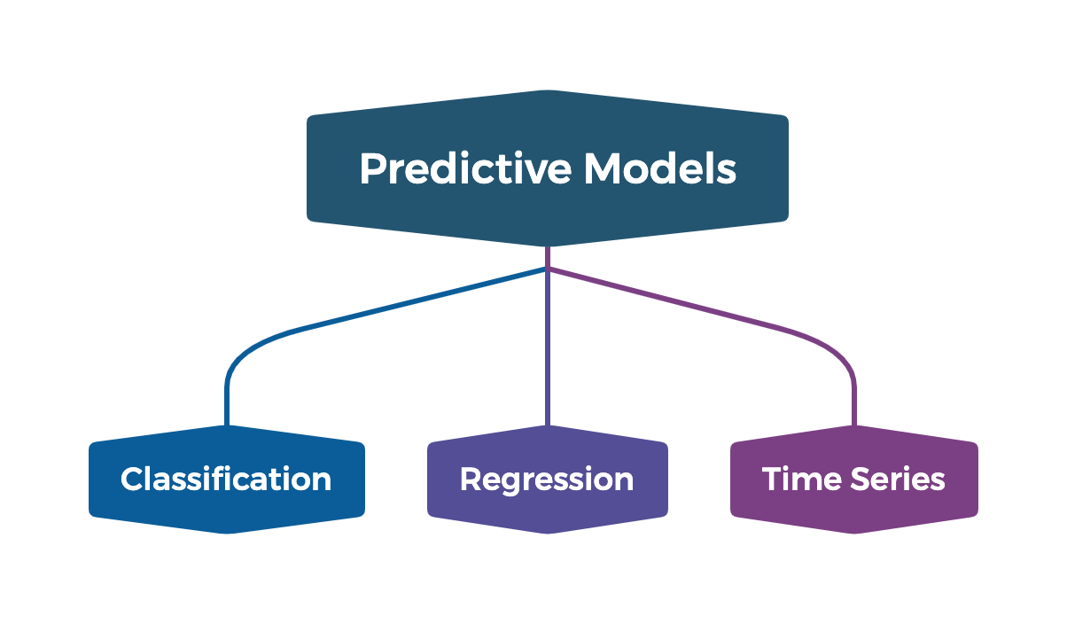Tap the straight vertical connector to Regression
[x=548, y=355]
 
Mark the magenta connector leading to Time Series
[x=700, y=305]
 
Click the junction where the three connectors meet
[x=548, y=267]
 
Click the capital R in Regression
[x=471, y=480]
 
